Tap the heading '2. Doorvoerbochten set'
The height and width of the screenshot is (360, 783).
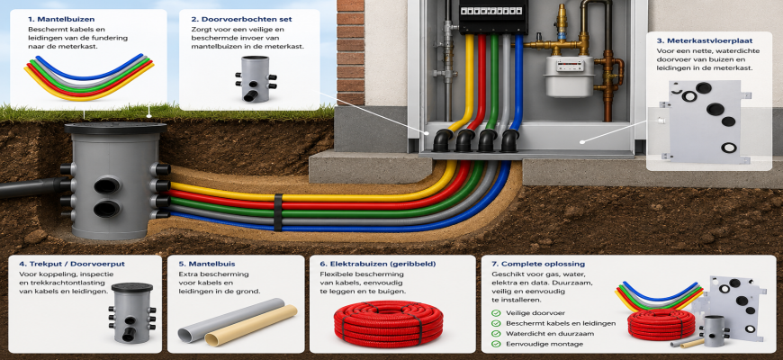(241, 19)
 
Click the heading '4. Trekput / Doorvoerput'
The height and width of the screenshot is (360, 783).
(72, 264)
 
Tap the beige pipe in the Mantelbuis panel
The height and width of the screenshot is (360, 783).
(251, 326)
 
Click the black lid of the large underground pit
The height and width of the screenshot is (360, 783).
(115, 129)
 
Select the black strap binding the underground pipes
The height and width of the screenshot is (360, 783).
(277, 212)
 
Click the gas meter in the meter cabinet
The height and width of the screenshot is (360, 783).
(570, 76)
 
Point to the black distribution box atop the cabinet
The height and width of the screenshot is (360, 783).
(493, 16)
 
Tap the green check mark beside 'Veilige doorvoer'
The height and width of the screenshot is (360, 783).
(496, 313)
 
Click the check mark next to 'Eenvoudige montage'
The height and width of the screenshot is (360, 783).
(496, 344)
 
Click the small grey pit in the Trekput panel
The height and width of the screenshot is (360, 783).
(131, 312)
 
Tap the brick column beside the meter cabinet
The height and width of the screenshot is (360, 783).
(351, 52)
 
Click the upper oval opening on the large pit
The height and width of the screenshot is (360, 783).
(107, 185)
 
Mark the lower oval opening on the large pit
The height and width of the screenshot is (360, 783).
(107, 209)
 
